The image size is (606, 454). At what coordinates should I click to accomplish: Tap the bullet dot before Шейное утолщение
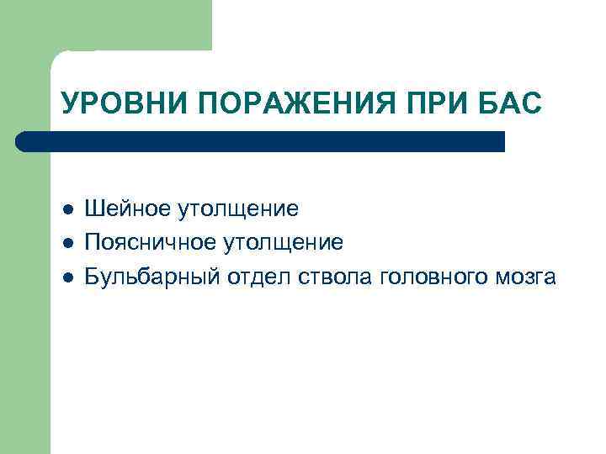point(67,209)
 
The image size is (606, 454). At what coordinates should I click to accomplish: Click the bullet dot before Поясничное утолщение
point(67,244)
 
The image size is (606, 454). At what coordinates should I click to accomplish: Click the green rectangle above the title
point(126,25)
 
